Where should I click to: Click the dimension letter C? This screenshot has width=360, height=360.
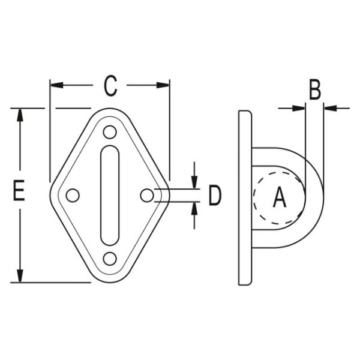click(109, 86)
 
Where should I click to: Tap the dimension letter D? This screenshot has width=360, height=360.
click(215, 196)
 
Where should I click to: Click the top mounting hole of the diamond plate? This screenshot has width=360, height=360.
click(109, 131)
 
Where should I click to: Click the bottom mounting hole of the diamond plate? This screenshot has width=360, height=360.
click(109, 259)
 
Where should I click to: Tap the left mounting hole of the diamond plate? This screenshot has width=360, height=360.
click(73, 195)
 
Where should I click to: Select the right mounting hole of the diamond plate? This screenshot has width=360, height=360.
click(146, 195)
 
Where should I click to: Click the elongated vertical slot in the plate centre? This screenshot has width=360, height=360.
click(109, 195)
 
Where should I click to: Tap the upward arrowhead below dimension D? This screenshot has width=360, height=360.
click(194, 209)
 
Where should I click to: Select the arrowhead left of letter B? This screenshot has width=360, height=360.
click(298, 108)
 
